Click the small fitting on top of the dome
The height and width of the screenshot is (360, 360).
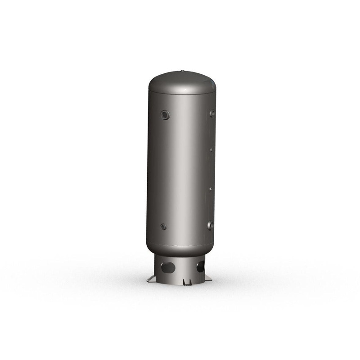point(182,70)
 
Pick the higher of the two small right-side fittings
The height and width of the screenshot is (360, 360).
point(210,151)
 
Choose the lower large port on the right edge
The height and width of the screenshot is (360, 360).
point(210,225)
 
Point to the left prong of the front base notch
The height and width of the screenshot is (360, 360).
point(184,283)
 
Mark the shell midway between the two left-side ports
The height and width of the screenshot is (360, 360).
point(164,171)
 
